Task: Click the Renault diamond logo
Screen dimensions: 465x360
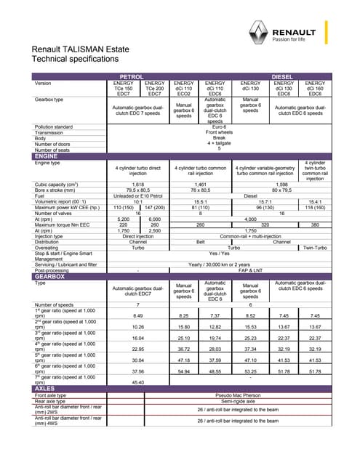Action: click(259, 31)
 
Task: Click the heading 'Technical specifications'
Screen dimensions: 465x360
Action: click(75, 58)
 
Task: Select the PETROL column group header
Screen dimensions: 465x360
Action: click(131, 76)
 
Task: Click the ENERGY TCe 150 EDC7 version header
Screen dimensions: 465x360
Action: click(123, 88)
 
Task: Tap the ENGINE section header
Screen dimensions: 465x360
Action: click(47, 156)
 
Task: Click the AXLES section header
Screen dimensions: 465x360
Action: click(45, 389)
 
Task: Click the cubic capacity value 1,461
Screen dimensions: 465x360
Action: click(200, 185)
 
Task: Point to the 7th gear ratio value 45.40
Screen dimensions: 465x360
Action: click(138, 381)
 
